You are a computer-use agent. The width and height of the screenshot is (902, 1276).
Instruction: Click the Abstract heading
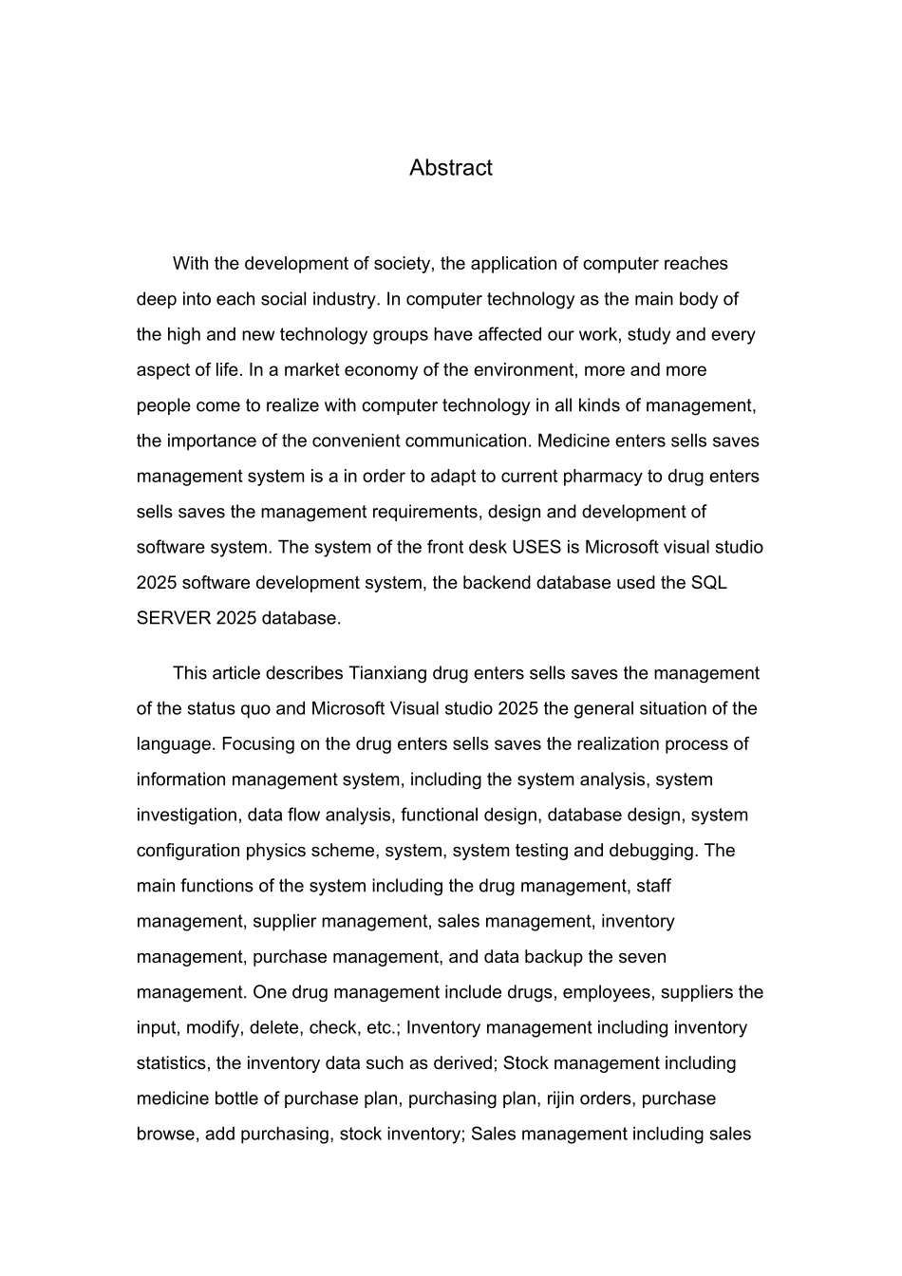point(450,168)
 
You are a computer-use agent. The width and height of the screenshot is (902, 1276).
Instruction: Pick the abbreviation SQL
point(708,583)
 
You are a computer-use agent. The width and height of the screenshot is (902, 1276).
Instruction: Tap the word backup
point(551,957)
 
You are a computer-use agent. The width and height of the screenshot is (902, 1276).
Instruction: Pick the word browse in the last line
point(166,1135)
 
